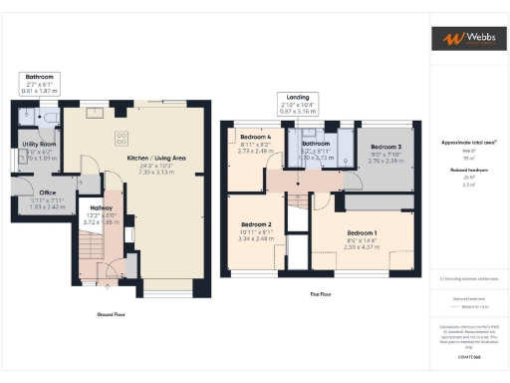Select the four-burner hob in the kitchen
click(x=123, y=139)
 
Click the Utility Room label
click(x=40, y=145)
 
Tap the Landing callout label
click(x=295, y=98)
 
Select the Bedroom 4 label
click(x=255, y=136)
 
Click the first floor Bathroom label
click(x=316, y=143)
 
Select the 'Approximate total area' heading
click(x=467, y=143)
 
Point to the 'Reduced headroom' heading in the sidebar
click(x=467, y=171)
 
